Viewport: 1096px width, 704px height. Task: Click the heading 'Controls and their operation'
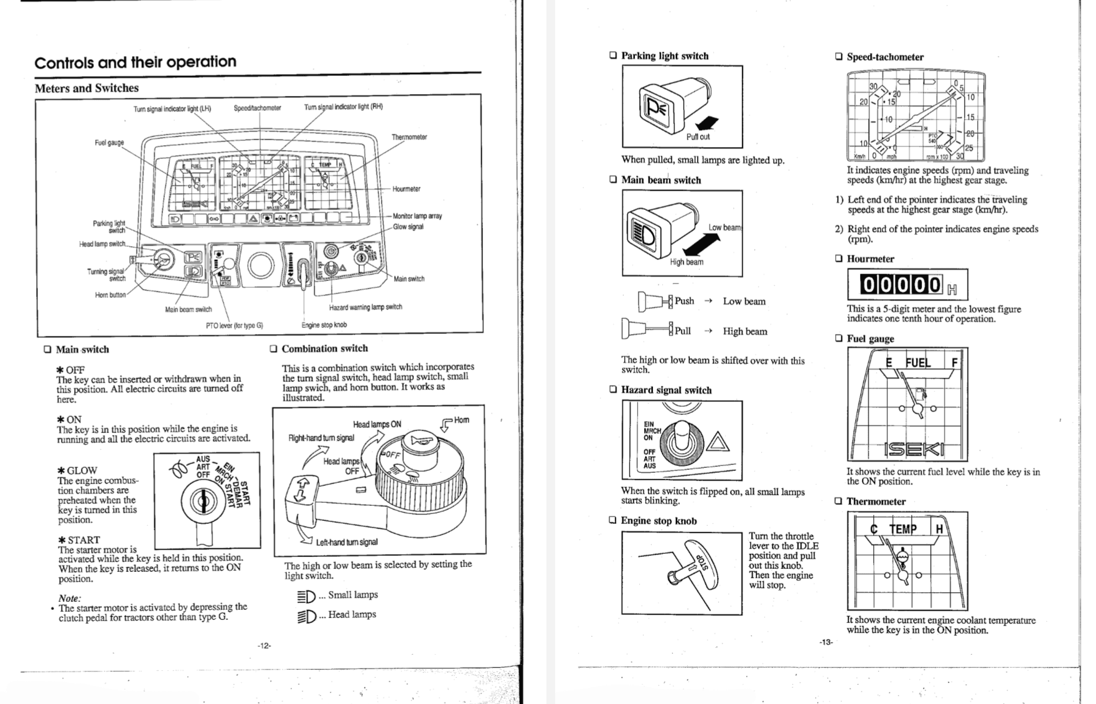pyautogui.click(x=136, y=62)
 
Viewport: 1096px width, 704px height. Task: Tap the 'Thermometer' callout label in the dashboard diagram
pyautogui.click(x=409, y=137)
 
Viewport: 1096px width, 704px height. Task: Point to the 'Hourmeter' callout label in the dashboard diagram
pyautogui.click(x=406, y=189)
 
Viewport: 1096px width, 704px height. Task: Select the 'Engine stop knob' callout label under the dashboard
pyautogui.click(x=324, y=325)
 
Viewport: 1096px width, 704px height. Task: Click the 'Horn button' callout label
pyautogui.click(x=110, y=295)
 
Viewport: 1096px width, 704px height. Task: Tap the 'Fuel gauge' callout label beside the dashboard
pyautogui.click(x=110, y=143)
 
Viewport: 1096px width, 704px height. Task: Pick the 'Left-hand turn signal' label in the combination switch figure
pyautogui.click(x=346, y=542)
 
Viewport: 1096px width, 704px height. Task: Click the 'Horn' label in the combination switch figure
pyautogui.click(x=461, y=420)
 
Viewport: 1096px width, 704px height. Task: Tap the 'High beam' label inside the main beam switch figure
pyautogui.click(x=686, y=262)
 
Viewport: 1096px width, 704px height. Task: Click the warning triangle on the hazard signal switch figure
pyautogui.click(x=718, y=444)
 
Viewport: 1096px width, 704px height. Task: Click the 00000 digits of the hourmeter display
pyautogui.click(x=901, y=285)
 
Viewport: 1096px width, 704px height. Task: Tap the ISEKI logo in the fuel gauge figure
pyautogui.click(x=914, y=449)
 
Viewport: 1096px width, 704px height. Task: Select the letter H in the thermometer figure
pyautogui.click(x=939, y=529)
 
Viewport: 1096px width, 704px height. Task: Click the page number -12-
pyautogui.click(x=265, y=645)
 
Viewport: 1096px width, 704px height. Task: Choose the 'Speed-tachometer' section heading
pyautogui.click(x=884, y=57)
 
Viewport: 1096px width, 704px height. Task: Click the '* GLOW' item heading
pyautogui.click(x=78, y=470)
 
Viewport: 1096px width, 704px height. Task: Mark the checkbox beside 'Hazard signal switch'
pyautogui.click(x=613, y=389)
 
